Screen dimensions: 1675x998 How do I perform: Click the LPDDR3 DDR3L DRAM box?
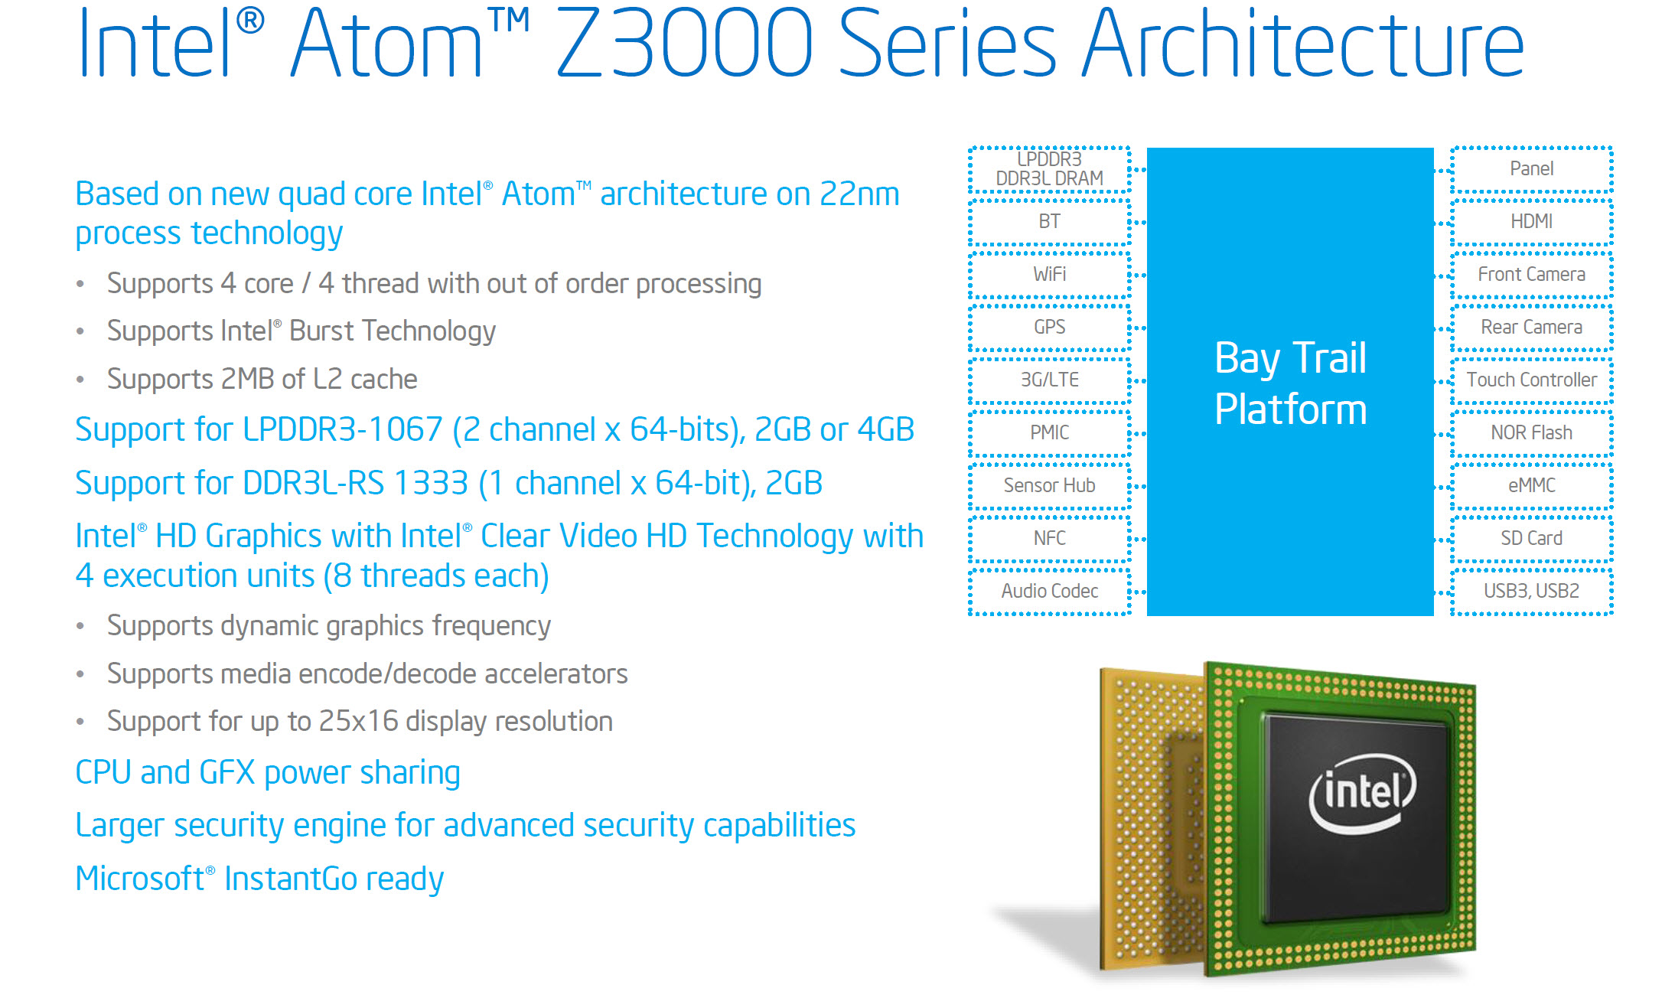[x=1049, y=169]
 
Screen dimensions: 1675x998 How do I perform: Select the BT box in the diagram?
[x=1049, y=222]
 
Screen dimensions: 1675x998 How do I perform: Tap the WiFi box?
[x=1049, y=275]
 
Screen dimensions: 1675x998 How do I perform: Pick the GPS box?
[x=1049, y=328]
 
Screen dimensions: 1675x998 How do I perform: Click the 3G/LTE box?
[x=1049, y=380]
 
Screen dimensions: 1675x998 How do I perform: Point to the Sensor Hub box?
[x=1049, y=486]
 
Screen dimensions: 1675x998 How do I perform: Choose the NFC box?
[x=1049, y=539]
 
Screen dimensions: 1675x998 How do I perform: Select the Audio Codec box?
[x=1049, y=592]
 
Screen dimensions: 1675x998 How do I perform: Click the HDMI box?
[x=1532, y=222]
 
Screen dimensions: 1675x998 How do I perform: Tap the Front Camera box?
[x=1532, y=275]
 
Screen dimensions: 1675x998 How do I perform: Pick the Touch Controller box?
[x=1532, y=380]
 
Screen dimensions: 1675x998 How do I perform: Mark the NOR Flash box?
[x=1532, y=433]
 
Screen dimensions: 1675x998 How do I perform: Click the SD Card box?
[x=1532, y=539]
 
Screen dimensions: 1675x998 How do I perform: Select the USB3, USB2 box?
[x=1532, y=592]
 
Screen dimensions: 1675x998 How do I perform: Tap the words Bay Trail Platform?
[x=1291, y=383]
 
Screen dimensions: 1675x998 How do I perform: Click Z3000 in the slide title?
[x=683, y=44]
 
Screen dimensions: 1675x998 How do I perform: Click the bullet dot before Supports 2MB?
[x=80, y=380]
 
